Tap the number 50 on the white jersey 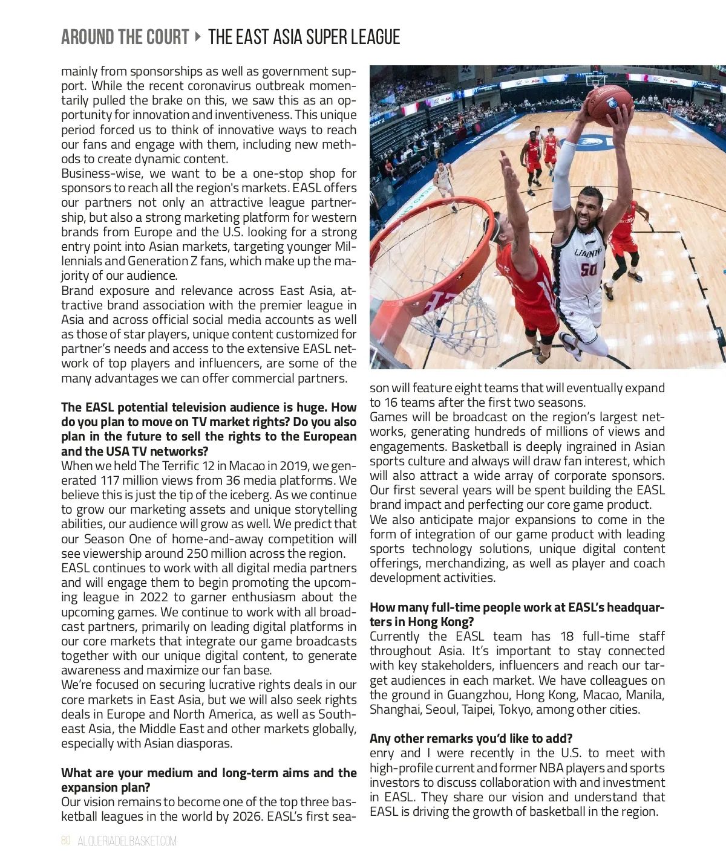point(589,270)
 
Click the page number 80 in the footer point(66,841)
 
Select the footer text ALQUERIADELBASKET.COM point(127,841)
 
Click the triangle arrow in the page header point(198,37)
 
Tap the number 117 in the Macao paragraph point(111,480)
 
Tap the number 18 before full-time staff point(567,636)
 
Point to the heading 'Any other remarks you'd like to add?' point(471,739)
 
